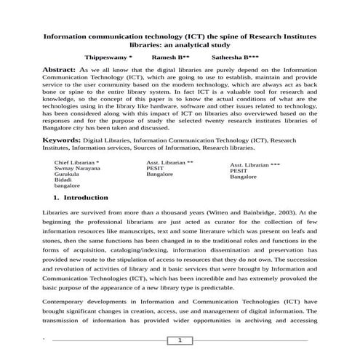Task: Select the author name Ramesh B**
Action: click(171, 56)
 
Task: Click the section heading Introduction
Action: click(86, 197)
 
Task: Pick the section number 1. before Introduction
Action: click(56, 197)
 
